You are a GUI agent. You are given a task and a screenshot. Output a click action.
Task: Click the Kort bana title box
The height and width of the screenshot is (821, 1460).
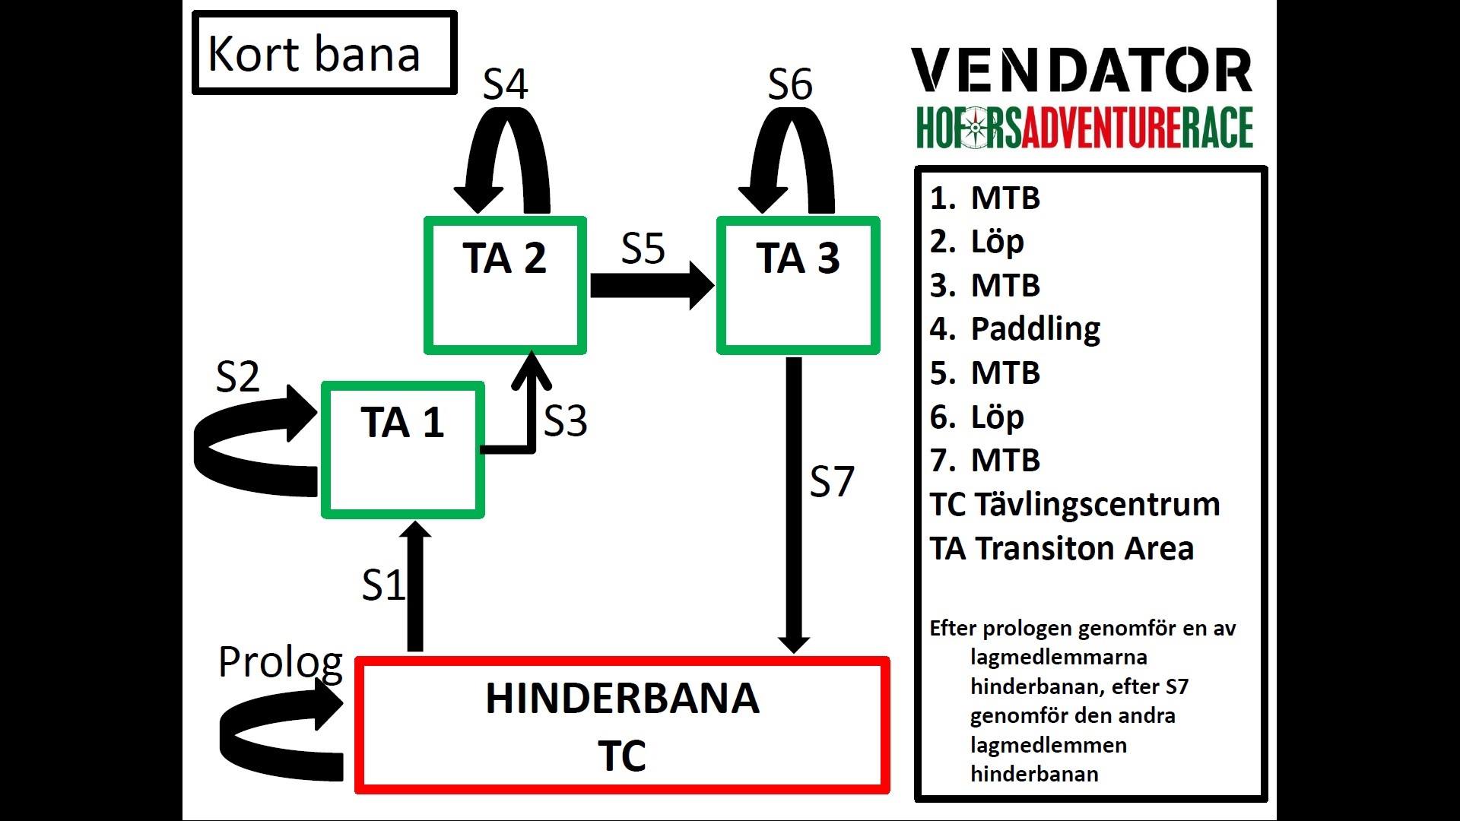coord(324,53)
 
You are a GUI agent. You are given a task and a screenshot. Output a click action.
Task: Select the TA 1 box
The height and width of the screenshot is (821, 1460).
coord(402,450)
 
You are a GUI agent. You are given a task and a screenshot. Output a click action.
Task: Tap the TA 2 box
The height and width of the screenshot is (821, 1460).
coord(505,286)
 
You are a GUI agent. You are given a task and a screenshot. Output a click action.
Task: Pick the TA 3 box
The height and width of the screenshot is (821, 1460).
coord(798,286)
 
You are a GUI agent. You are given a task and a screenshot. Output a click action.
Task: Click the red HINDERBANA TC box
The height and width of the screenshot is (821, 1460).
coord(622,726)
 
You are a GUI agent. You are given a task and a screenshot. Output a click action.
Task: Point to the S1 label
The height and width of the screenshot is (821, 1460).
coord(382,585)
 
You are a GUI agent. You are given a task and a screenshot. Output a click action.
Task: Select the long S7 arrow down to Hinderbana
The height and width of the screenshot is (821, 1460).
coord(794,502)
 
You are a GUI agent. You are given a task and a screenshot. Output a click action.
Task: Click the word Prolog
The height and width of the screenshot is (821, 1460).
coord(280,662)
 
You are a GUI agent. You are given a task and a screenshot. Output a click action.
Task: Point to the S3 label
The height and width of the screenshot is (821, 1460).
coord(566,420)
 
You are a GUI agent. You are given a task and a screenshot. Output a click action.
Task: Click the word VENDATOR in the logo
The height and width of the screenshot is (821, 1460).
coord(1081,70)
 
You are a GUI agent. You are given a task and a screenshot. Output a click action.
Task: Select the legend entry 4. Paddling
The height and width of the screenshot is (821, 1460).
coord(1015,329)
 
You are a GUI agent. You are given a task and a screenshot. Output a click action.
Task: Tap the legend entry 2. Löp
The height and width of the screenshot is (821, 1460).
coord(977,242)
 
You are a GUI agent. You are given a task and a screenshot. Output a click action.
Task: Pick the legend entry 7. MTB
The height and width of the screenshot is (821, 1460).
coord(985,461)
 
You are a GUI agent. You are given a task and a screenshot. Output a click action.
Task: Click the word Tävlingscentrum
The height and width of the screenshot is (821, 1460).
coord(1097,505)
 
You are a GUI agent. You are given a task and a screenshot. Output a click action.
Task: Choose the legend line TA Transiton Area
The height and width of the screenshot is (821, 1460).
coord(1062,549)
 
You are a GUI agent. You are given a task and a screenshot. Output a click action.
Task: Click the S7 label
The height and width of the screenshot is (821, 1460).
coord(832,482)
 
